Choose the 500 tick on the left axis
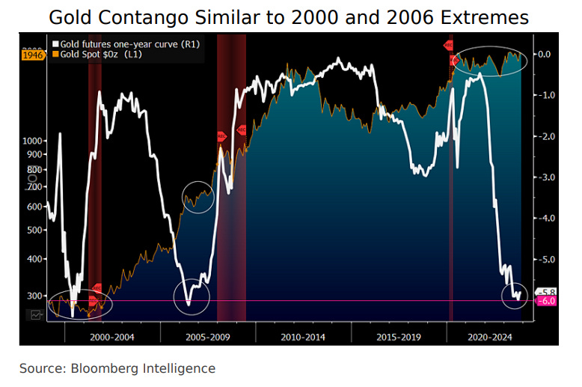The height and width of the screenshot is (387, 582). [37, 230]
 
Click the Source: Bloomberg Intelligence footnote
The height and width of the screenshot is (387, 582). [117, 368]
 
